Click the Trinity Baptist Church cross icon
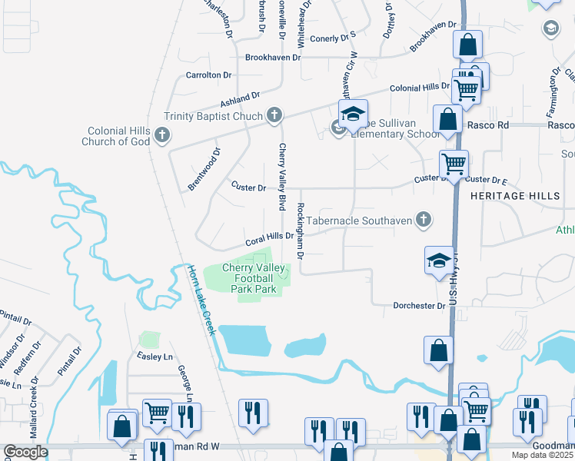[x=274, y=116]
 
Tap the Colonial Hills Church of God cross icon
[x=161, y=136]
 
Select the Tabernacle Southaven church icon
[x=422, y=221]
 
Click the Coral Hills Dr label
[x=269, y=237]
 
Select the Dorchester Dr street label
[x=419, y=306]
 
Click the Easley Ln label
[x=155, y=357]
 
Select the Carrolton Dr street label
[x=208, y=75]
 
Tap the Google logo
[x=25, y=452]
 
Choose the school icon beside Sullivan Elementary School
[x=353, y=114]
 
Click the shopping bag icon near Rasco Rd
[x=447, y=121]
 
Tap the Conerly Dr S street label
[x=333, y=36]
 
